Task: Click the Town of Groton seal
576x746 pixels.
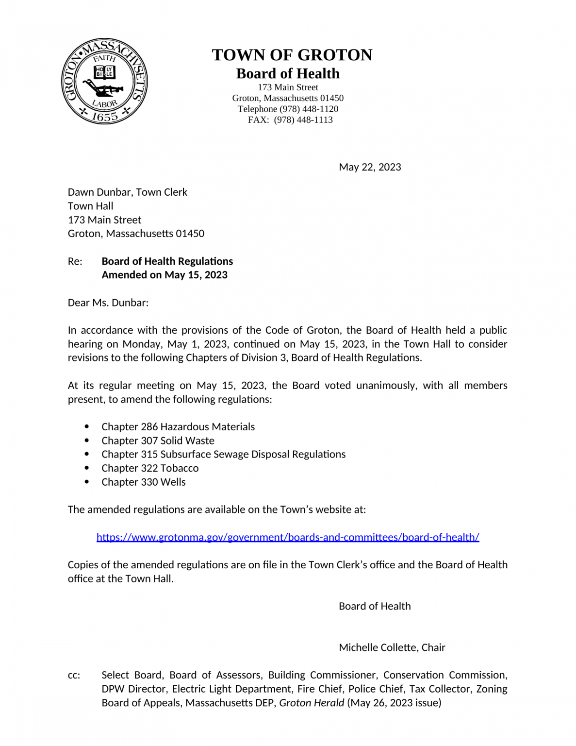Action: tap(104, 81)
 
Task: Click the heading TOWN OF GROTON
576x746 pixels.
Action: tap(292, 55)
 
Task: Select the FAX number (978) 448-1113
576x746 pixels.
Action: tap(303, 120)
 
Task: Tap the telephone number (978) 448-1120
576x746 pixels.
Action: tap(309, 109)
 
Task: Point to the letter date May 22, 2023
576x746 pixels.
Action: tap(370, 167)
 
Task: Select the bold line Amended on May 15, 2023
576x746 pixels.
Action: tap(165, 275)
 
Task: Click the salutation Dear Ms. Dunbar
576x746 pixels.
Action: tap(108, 303)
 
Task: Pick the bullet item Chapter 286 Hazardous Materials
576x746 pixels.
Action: tap(178, 427)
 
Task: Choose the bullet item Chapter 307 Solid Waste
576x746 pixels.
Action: tap(158, 441)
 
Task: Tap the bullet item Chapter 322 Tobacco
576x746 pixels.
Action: tap(150, 468)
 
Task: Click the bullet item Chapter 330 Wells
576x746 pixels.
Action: tap(143, 482)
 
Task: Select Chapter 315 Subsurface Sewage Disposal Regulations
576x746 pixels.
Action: tap(223, 454)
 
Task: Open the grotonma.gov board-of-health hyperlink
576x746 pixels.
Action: tap(288, 537)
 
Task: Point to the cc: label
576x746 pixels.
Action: tap(74, 675)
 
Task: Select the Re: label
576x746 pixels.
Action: tap(75, 261)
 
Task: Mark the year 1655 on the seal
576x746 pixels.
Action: tap(105, 117)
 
